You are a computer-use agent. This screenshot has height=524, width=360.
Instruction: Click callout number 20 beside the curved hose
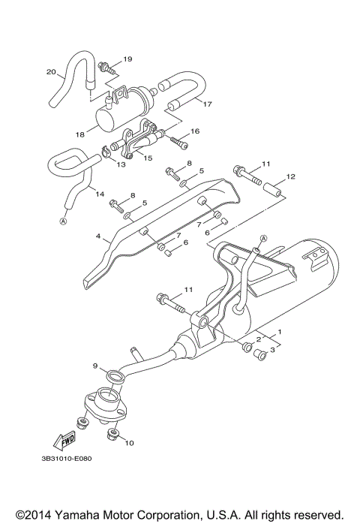pyautogui.click(x=52, y=73)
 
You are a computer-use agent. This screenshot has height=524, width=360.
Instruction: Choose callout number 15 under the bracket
pyautogui.click(x=147, y=158)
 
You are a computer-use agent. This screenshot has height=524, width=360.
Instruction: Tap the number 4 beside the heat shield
pyautogui.click(x=97, y=237)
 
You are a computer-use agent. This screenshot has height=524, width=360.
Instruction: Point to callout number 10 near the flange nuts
pyautogui.click(x=128, y=443)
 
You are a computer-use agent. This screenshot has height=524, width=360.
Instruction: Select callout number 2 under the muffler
pyautogui.click(x=259, y=340)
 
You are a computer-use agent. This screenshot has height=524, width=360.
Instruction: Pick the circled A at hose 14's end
pyautogui.click(x=63, y=221)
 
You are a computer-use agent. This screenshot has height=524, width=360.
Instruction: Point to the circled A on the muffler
pyautogui.click(x=256, y=238)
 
